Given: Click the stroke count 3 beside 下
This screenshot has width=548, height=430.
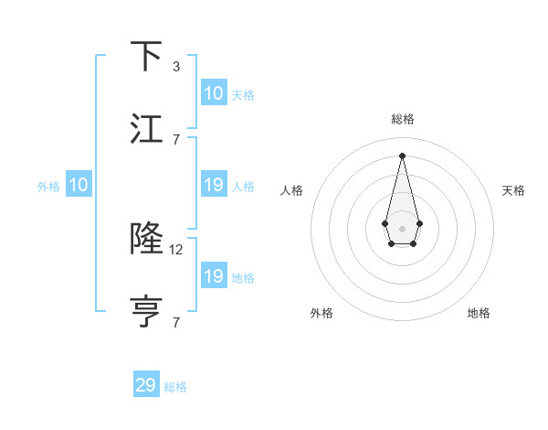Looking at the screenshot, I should coord(176,67).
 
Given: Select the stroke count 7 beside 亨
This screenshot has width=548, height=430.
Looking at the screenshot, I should coord(176,322).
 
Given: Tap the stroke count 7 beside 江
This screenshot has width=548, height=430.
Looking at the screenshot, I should coord(176,139).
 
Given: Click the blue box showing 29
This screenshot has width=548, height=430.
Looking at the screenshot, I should coord(146,385).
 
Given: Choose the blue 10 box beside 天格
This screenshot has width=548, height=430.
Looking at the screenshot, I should coord(214,93).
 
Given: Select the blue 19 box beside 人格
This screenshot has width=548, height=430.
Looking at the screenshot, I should coord(214,185).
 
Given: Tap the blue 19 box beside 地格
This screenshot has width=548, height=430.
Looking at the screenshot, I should coord(214,276).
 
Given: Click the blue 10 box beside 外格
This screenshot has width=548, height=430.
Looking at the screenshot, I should coord(79,185).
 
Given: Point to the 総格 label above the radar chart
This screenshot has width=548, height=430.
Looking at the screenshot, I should coord(403,119).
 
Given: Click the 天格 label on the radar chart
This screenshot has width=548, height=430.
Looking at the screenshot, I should coord(513,190).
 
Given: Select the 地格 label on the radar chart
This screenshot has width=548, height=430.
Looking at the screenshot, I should coord(479,313).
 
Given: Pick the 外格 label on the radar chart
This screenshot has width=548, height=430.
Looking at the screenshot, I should coord(321,313).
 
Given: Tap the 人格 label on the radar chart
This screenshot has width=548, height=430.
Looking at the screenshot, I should coord(292,190).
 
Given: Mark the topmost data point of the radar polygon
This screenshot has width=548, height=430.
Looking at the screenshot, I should coord(402,155).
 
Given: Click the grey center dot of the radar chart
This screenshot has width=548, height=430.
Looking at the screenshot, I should coord(403,228).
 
